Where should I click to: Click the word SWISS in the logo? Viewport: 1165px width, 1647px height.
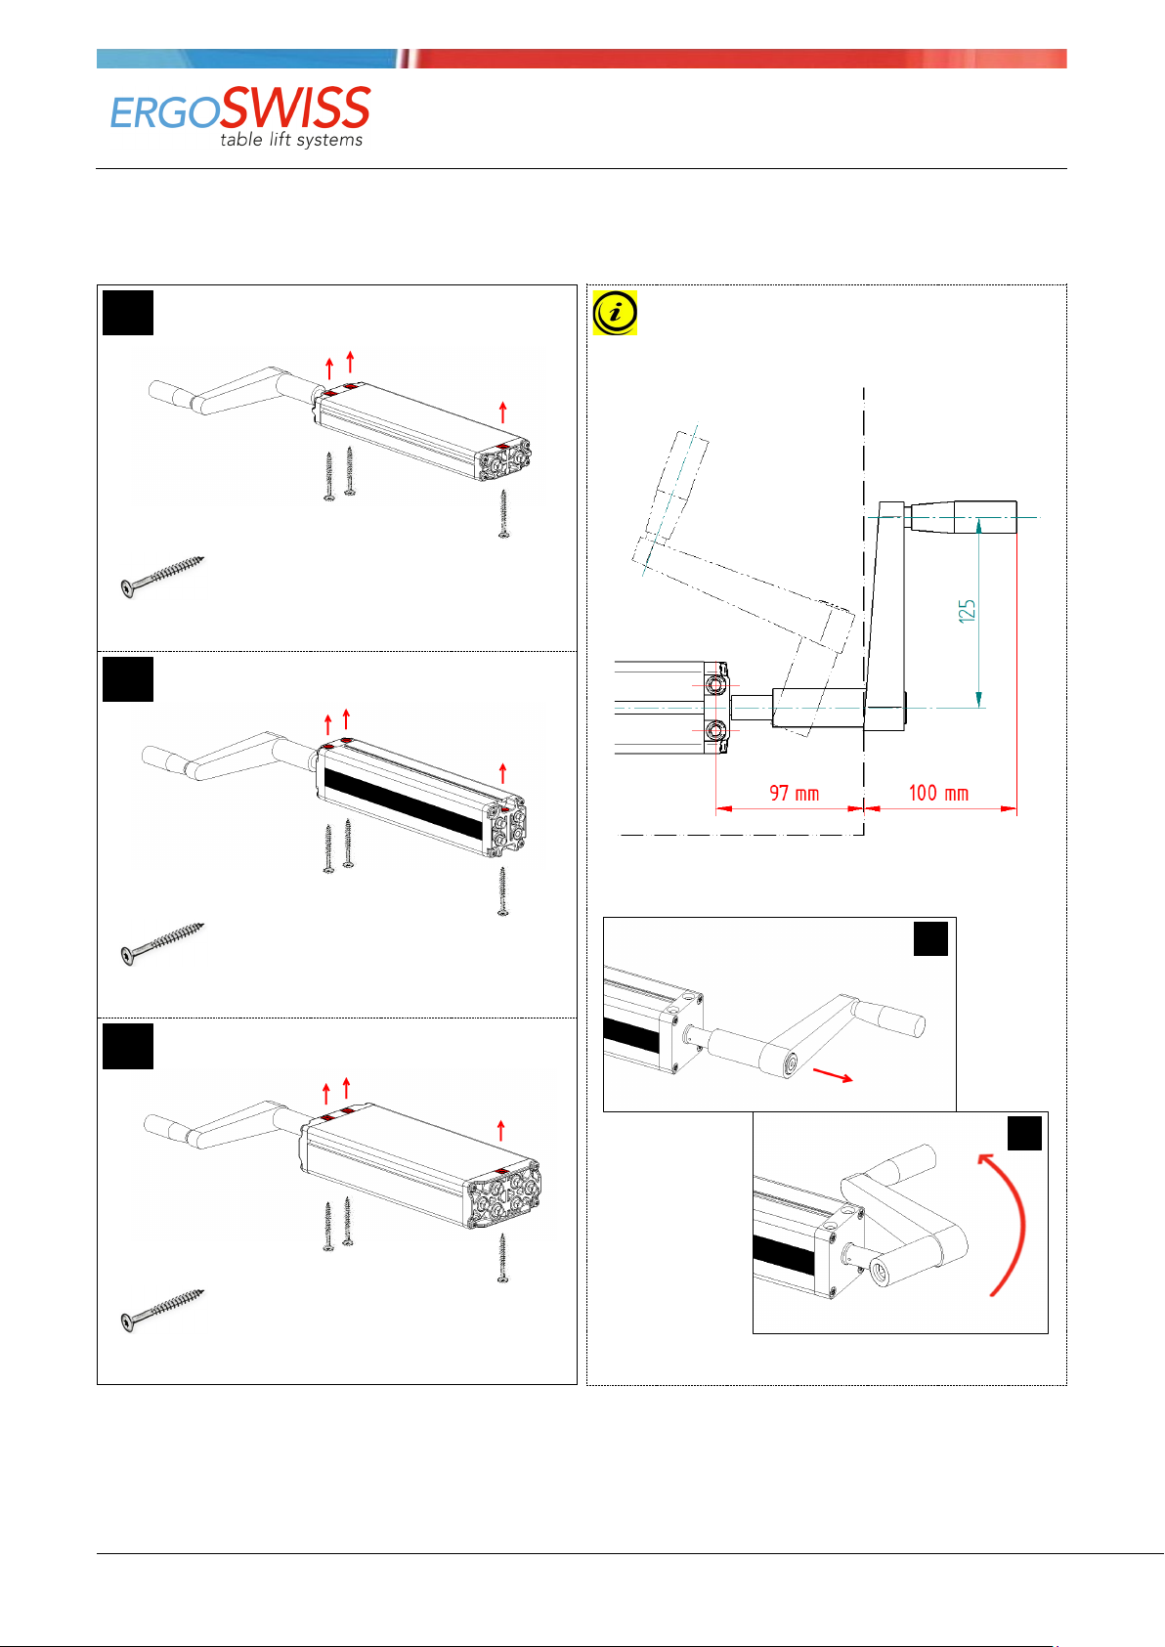click(x=295, y=108)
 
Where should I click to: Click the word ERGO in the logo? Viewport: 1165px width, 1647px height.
click(x=164, y=114)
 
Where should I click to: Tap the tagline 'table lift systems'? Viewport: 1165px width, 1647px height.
click(x=291, y=140)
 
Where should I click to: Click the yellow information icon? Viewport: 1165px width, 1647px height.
click(x=615, y=313)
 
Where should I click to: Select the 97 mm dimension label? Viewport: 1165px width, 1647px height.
click(x=794, y=794)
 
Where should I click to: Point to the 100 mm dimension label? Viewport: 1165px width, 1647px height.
click(x=938, y=794)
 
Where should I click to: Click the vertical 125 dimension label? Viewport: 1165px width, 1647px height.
click(x=968, y=611)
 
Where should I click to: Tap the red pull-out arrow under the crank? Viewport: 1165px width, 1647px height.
click(x=833, y=1075)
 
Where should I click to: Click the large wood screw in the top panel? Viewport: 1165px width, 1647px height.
click(x=162, y=578)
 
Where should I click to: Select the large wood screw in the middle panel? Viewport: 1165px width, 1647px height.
click(x=162, y=943)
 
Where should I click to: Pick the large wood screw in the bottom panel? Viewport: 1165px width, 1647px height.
click(x=162, y=1310)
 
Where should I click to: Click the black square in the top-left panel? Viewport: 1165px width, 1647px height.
click(x=128, y=313)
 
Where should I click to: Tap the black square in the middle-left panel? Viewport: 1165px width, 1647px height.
click(x=128, y=679)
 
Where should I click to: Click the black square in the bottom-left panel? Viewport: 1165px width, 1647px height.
click(x=128, y=1046)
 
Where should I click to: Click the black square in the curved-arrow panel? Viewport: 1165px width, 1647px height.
click(x=1024, y=1133)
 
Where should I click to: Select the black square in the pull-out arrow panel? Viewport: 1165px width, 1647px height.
click(x=930, y=939)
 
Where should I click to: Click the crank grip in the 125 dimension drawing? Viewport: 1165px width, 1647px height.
click(x=962, y=517)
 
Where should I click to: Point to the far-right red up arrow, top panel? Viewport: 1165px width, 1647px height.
click(x=502, y=412)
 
